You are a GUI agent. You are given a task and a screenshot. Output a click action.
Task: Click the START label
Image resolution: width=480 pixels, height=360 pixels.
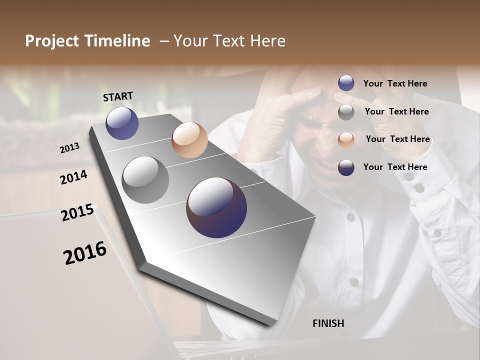pos(118,96)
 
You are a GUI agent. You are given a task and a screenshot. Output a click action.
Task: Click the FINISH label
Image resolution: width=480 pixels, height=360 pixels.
pos(328,323)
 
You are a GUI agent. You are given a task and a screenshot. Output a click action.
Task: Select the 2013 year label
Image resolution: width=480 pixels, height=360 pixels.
pos(69,148)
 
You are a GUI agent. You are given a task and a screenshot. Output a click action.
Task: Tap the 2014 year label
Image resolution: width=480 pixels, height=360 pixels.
pos(73,177)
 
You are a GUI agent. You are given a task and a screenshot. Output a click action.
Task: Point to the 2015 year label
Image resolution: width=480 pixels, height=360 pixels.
pos(77,212)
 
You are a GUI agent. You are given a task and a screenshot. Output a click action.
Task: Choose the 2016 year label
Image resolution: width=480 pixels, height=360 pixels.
pos(85,252)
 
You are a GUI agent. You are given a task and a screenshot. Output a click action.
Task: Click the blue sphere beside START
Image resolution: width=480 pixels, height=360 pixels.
pos(122,123)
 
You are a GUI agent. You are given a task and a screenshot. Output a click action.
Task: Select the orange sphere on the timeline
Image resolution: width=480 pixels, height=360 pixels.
pos(189,140)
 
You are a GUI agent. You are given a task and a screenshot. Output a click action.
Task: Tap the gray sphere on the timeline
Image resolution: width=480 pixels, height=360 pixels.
pos(145,179)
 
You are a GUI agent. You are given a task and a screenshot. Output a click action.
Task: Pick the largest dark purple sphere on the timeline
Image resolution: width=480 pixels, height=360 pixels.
pos(216,207)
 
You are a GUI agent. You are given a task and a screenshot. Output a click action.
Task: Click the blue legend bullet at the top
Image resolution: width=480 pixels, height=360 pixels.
pos(346,83)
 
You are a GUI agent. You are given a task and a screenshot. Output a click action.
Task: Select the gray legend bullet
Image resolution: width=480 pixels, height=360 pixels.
pos(346,112)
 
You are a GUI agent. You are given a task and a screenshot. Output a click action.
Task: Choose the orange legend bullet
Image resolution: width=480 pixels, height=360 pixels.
pos(346,139)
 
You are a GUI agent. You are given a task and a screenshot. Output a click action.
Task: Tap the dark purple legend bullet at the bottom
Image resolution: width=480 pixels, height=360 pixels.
pos(346,167)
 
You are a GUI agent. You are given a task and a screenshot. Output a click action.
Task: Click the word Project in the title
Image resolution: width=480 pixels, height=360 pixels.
pos(52,41)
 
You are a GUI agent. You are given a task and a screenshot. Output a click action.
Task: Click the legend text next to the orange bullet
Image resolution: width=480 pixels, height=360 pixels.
pos(397,139)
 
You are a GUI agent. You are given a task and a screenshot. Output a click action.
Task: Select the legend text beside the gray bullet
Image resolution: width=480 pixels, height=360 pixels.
pos(396,111)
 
